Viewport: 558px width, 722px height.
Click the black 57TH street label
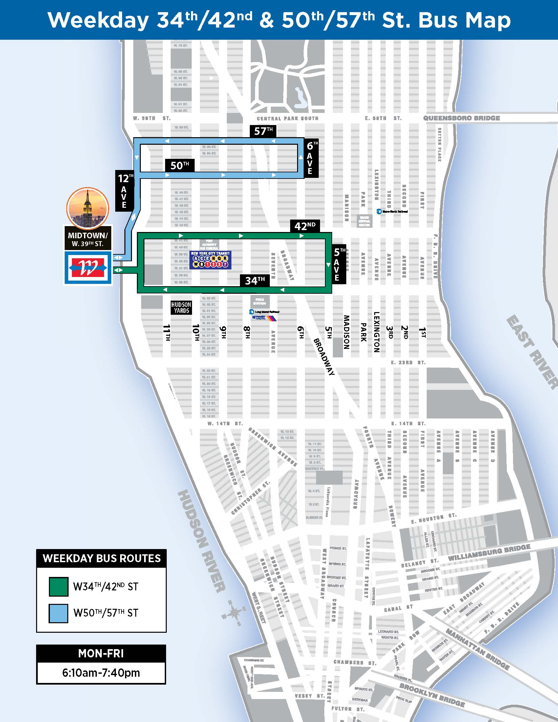[x=263, y=131]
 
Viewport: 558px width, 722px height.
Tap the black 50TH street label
[x=180, y=165]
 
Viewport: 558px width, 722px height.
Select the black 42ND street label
[x=305, y=226]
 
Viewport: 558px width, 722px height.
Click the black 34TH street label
[x=255, y=281]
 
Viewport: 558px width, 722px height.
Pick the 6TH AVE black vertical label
[x=311, y=158]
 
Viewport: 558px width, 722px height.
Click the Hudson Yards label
[x=181, y=308]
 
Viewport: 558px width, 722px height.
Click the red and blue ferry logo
[x=88, y=268]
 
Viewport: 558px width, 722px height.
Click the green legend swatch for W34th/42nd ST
[x=58, y=586]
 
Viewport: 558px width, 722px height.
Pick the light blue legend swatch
[x=58, y=613]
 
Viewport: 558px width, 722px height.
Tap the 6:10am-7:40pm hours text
[x=101, y=673]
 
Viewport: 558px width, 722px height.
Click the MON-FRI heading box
[x=101, y=653]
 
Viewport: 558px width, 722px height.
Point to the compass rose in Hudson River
[x=235, y=613]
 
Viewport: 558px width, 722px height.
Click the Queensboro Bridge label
[x=461, y=118]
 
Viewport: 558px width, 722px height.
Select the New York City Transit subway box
[x=210, y=260]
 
